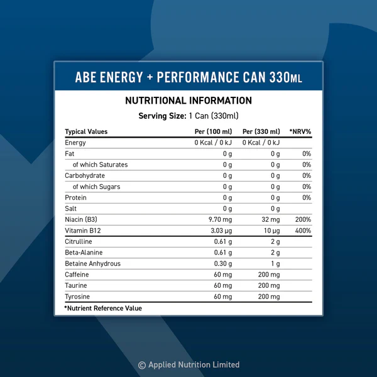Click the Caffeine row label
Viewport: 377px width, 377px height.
(x=77, y=275)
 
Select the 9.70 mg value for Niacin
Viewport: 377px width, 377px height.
(x=219, y=219)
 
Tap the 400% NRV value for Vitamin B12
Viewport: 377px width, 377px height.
(x=303, y=231)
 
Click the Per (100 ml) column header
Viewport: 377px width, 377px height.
(x=213, y=131)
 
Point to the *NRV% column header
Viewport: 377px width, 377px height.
(x=300, y=131)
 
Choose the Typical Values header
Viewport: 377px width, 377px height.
(x=86, y=131)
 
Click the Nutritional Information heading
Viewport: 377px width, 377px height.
(x=188, y=101)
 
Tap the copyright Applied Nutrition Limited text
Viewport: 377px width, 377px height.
(x=188, y=364)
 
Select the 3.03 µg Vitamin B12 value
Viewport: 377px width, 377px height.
(x=219, y=231)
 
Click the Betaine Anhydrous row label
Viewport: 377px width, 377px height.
(x=92, y=263)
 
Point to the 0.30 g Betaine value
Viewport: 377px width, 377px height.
(x=222, y=263)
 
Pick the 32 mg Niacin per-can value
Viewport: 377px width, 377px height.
(x=271, y=219)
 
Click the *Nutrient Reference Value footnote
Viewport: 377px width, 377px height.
(x=103, y=308)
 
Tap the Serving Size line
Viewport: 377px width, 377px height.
(x=188, y=116)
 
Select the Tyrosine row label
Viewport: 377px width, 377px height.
(x=77, y=297)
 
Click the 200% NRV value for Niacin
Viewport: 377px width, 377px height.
(x=303, y=219)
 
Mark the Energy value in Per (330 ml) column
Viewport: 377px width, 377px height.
(x=261, y=143)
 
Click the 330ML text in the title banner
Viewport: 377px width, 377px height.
(x=286, y=77)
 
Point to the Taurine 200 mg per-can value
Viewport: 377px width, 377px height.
(x=269, y=285)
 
